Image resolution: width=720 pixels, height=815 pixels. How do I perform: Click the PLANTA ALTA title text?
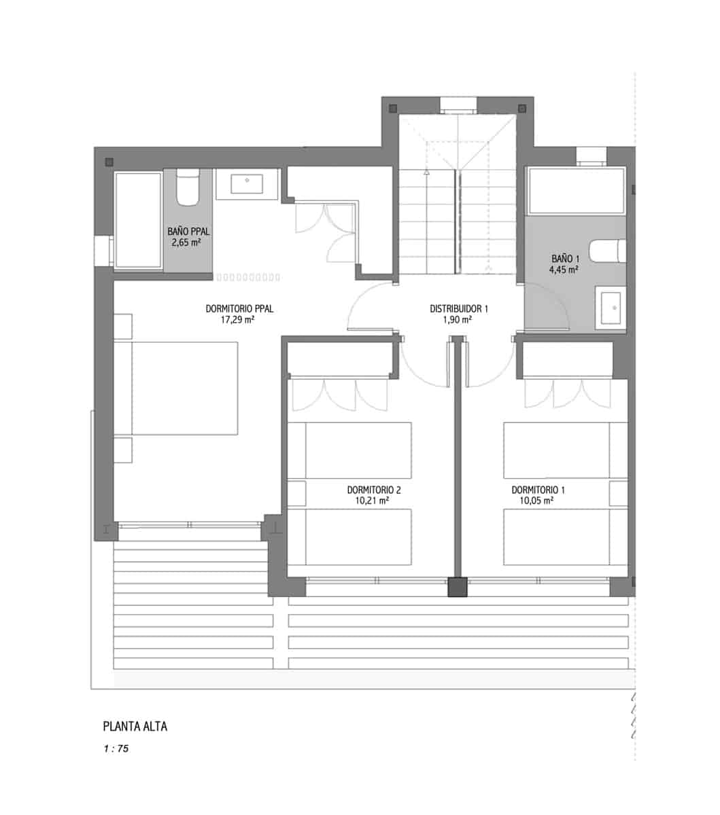pyautogui.click(x=135, y=726)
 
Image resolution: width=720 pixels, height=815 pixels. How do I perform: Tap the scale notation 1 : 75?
pyautogui.click(x=116, y=750)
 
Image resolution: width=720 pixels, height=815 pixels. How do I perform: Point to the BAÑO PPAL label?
pyautogui.click(x=188, y=231)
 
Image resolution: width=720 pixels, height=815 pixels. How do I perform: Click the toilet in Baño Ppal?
pyautogui.click(x=188, y=187)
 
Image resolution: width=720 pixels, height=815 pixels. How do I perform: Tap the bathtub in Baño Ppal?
pyautogui.click(x=139, y=220)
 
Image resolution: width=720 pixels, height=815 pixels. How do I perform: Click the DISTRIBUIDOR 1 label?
pyautogui.click(x=459, y=308)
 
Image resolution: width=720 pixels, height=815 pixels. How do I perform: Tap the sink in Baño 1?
pyautogui.click(x=611, y=308)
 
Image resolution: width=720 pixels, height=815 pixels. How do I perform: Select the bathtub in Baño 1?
pyautogui.click(x=576, y=192)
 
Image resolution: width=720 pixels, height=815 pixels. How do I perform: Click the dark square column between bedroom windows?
pyautogui.click(x=458, y=587)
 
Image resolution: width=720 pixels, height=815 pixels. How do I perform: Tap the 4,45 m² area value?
pyautogui.click(x=564, y=270)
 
